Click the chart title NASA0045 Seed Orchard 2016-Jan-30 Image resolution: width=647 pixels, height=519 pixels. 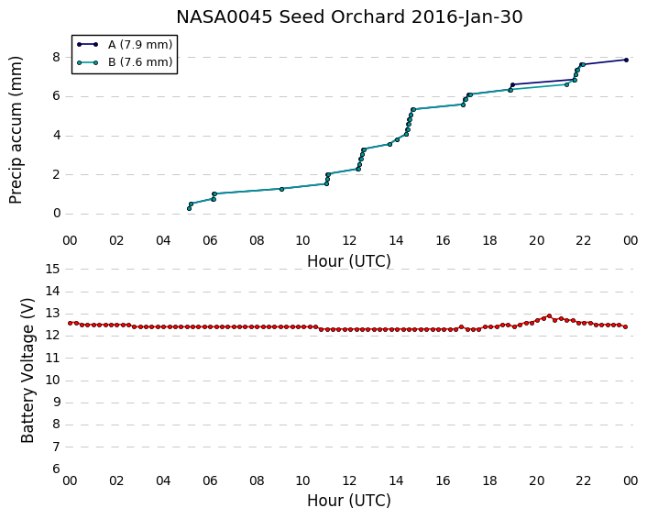pyautogui.click(x=349, y=17)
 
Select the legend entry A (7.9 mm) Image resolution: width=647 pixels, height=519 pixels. pyautogui.click(x=140, y=45)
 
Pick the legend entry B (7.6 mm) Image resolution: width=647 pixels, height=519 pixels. pyautogui.click(x=140, y=62)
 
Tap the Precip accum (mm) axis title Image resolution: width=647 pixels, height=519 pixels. pyautogui.click(x=16, y=130)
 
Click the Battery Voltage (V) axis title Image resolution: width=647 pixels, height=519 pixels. pyautogui.click(x=27, y=370)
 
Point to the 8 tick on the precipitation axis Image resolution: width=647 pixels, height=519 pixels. pyautogui.click(x=57, y=57)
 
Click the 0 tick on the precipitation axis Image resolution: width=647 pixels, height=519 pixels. pyautogui.click(x=57, y=214)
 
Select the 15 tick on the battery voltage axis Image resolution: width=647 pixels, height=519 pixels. pyautogui.click(x=53, y=270)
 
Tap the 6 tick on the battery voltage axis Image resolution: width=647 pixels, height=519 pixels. pyautogui.click(x=57, y=469)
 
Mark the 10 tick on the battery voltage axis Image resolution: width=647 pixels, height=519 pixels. pyautogui.click(x=53, y=381)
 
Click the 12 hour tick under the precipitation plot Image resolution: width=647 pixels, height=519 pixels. pyautogui.click(x=349, y=240)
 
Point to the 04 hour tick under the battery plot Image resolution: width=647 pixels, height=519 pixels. pyautogui.click(x=163, y=481)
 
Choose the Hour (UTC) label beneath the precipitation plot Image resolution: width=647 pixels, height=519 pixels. pyautogui.click(x=349, y=261)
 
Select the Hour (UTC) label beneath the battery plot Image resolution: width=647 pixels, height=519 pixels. pyautogui.click(x=349, y=501)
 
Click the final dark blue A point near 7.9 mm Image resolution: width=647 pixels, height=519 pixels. pyautogui.click(x=626, y=60)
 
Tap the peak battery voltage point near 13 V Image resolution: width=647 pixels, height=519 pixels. pyautogui.click(x=549, y=315)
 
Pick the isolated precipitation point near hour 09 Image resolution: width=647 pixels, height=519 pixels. pyautogui.click(x=282, y=189)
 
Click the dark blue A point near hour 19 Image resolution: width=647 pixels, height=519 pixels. pyautogui.click(x=512, y=84)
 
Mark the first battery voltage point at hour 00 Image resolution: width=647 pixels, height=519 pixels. pyautogui.click(x=71, y=323)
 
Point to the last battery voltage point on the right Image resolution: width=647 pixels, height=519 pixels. pyautogui.click(x=626, y=327)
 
